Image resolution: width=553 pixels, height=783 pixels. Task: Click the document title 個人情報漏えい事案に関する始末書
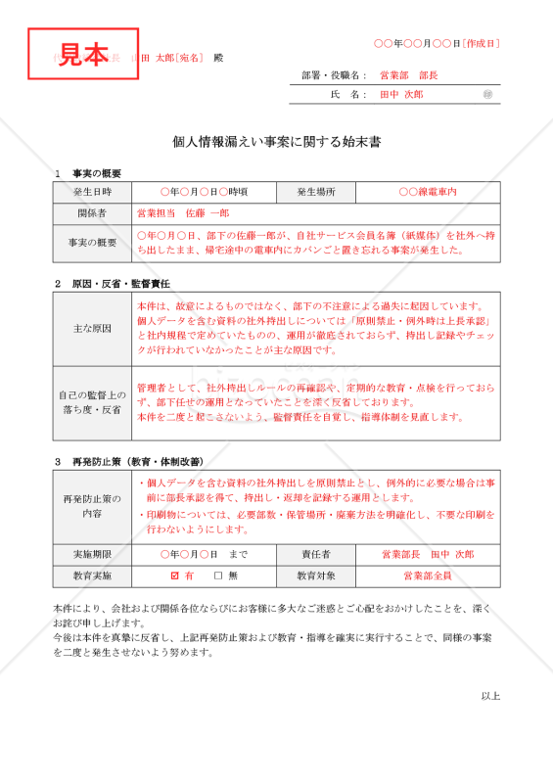coord(277,142)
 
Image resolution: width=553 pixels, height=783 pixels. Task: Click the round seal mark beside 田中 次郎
coord(488,94)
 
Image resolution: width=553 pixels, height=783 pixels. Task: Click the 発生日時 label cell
coord(92,193)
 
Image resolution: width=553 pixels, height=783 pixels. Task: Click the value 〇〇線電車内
coord(428,193)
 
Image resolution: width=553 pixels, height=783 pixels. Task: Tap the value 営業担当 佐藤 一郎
coord(184,212)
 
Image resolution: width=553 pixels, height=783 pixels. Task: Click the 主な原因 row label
coord(92,328)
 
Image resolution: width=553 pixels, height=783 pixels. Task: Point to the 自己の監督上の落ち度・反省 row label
coord(92,403)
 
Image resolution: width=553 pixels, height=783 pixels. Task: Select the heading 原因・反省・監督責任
coord(120,283)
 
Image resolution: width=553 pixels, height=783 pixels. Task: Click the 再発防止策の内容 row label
coord(92,505)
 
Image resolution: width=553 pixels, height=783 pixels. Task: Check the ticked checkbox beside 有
coord(174,576)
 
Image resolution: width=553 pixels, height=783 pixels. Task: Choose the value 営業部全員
coord(428,576)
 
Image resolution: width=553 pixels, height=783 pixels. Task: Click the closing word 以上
coord(490,696)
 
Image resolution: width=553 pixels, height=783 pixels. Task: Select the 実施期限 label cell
coord(92,554)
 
